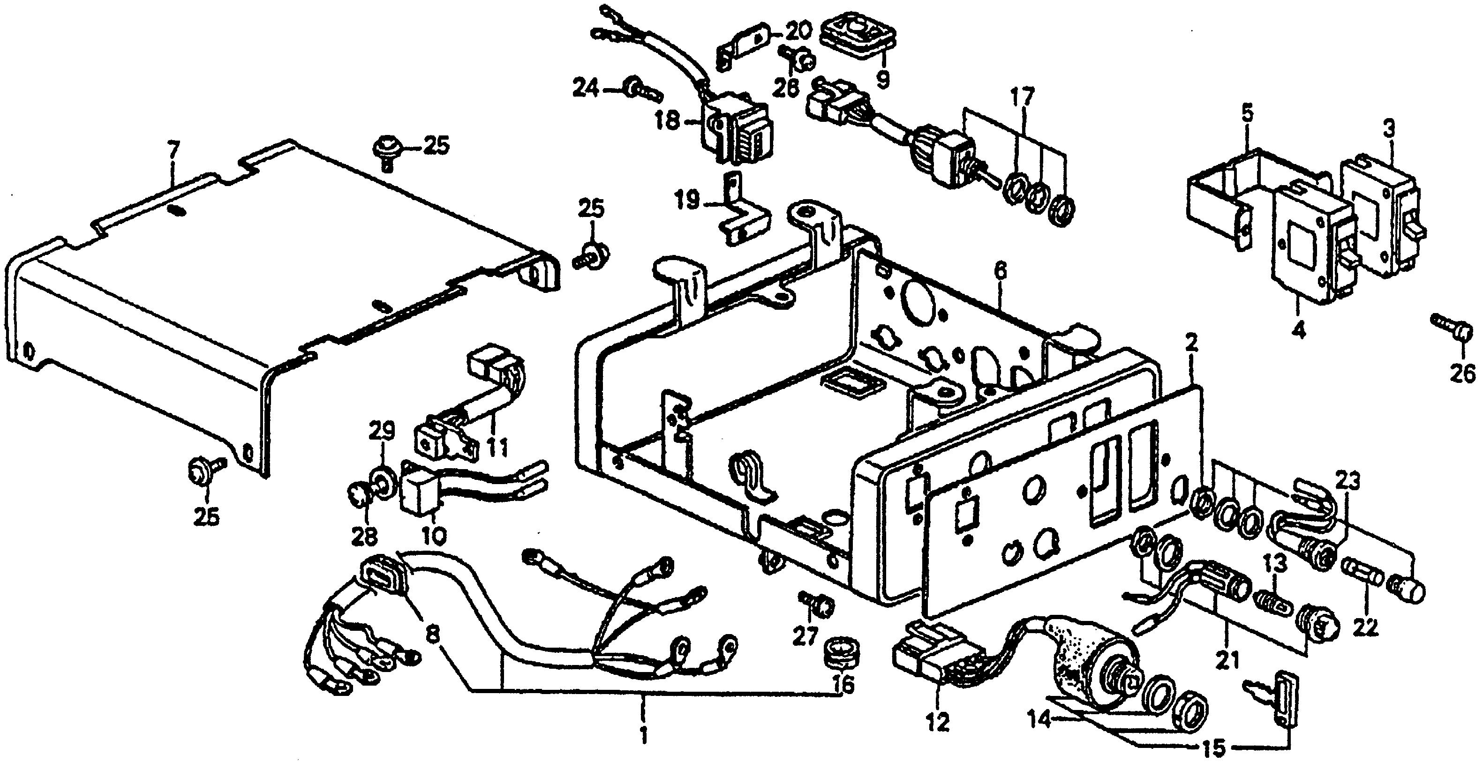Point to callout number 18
coord(667,122)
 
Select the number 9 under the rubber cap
coord(881,77)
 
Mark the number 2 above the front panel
coord(1191,344)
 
